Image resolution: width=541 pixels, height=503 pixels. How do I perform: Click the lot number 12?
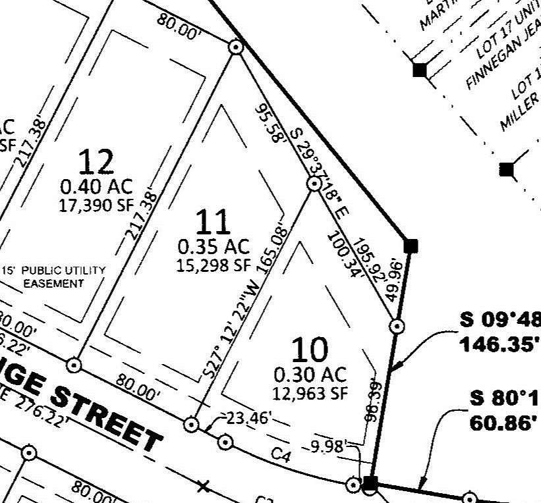click(x=96, y=161)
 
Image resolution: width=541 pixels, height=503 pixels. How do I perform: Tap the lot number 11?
click(x=214, y=222)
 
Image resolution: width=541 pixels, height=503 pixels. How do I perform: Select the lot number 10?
click(x=309, y=350)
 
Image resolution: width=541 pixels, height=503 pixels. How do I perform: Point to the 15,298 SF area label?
click(x=214, y=265)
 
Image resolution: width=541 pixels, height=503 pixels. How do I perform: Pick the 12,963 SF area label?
click(x=310, y=393)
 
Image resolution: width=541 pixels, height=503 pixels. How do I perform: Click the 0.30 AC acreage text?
click(x=310, y=375)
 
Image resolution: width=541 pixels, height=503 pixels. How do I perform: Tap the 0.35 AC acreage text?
click(x=214, y=247)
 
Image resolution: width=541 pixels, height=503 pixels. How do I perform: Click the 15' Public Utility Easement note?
click(x=54, y=277)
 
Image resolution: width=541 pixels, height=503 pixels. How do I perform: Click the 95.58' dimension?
click(x=271, y=122)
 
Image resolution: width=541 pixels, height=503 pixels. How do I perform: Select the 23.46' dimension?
click(x=249, y=417)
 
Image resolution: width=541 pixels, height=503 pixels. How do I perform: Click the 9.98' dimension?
click(x=327, y=446)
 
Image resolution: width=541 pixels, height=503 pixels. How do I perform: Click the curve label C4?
click(x=281, y=454)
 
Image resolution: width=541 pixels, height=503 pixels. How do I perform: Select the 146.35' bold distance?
click(x=499, y=343)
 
